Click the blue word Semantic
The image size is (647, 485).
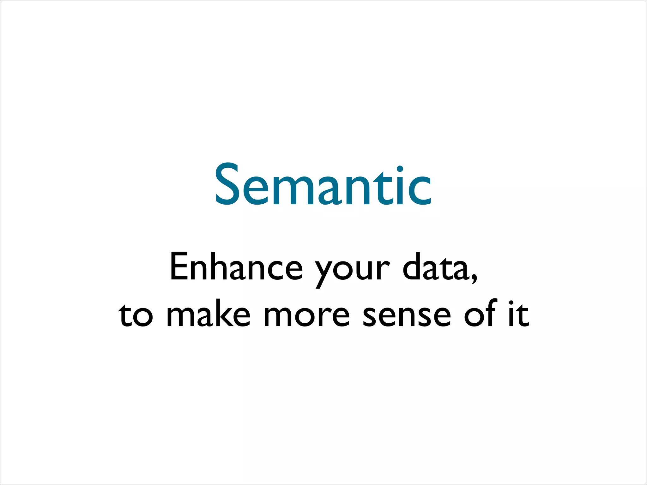(323, 185)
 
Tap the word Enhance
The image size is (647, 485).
(236, 267)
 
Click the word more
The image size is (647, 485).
(306, 316)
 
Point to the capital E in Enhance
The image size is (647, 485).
(179, 267)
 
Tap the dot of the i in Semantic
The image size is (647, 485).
(400, 169)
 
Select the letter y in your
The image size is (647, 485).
(325, 272)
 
